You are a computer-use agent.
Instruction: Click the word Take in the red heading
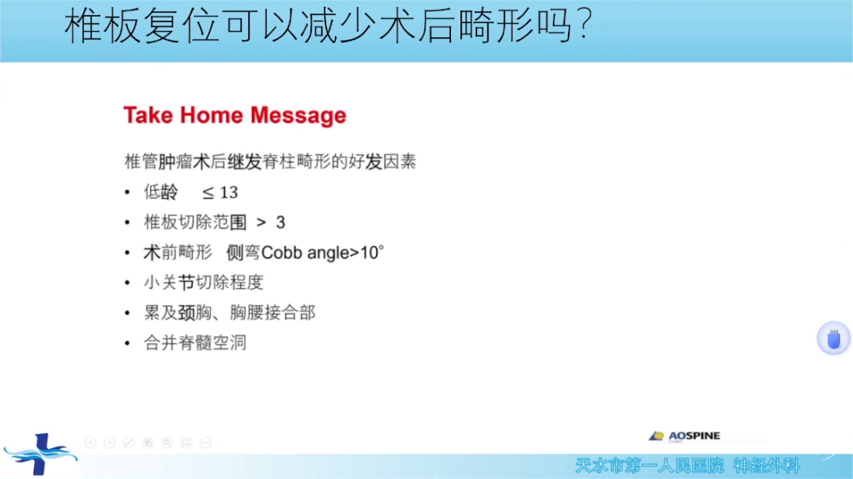click(148, 115)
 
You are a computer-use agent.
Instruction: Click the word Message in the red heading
click(298, 115)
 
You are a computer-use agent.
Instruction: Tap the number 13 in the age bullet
click(228, 193)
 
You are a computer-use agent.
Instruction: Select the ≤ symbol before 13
click(208, 193)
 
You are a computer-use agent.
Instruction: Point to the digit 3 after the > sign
click(280, 223)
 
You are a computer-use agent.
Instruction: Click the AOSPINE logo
click(685, 436)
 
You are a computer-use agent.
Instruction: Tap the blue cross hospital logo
click(40, 454)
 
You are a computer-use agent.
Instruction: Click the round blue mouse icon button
click(833, 339)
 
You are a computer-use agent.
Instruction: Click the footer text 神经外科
click(766, 466)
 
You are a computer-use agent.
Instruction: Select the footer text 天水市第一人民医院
click(649, 466)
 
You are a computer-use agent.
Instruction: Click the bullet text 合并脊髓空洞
click(195, 342)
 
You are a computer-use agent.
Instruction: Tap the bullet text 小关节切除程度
click(204, 283)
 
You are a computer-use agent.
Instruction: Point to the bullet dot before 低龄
click(127, 193)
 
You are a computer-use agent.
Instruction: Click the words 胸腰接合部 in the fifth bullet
click(272, 312)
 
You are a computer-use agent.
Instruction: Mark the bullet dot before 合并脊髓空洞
click(127, 343)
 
